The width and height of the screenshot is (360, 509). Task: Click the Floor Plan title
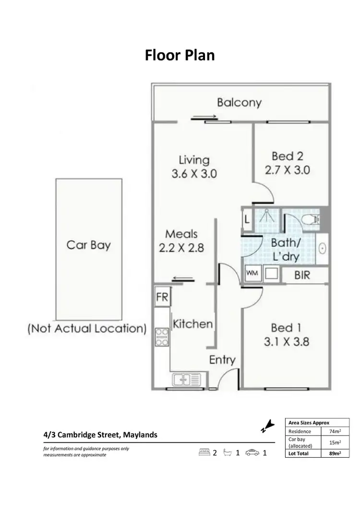click(180, 55)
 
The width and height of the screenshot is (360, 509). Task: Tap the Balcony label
click(239, 102)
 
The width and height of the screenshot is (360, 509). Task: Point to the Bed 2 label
click(288, 156)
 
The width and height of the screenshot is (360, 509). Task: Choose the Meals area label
click(181, 234)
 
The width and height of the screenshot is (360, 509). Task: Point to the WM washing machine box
click(252, 273)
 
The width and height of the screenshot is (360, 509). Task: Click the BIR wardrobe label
click(302, 275)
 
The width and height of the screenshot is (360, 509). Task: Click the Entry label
click(222, 360)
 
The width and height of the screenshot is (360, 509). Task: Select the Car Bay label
click(88, 245)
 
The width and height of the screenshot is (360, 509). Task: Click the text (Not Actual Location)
click(86, 329)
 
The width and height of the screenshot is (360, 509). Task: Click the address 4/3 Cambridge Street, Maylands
click(100, 435)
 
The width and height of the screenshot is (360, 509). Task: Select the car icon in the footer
click(252, 452)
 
